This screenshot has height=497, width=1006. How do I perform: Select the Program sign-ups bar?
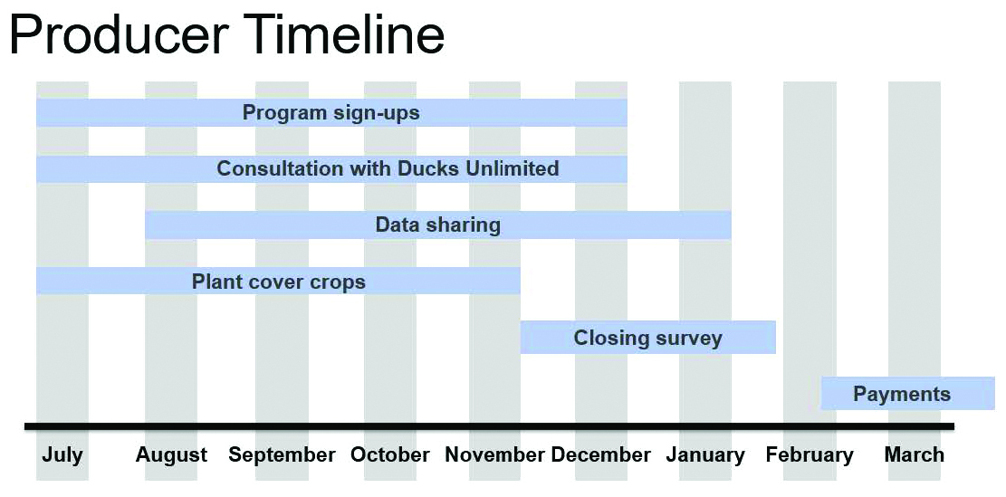click(331, 113)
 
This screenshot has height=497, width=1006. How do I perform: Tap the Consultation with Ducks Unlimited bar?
click(331, 168)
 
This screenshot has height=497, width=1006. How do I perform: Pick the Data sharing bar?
click(438, 225)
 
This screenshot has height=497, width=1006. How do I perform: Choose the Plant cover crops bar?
click(278, 281)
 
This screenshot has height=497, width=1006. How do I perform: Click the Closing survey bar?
click(648, 338)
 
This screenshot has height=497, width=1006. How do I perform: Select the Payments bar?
click(908, 394)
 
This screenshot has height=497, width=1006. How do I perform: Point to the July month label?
click(62, 455)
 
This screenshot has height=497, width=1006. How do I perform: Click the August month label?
click(171, 456)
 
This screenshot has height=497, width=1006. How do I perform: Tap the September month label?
click(282, 456)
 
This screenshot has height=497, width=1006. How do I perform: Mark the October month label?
click(390, 455)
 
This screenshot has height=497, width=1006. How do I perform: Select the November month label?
click(495, 455)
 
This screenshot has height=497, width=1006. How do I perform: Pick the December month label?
click(600, 455)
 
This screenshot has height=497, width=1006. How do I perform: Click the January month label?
click(705, 456)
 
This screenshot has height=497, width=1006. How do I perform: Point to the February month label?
click(810, 456)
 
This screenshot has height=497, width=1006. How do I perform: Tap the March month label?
click(915, 455)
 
